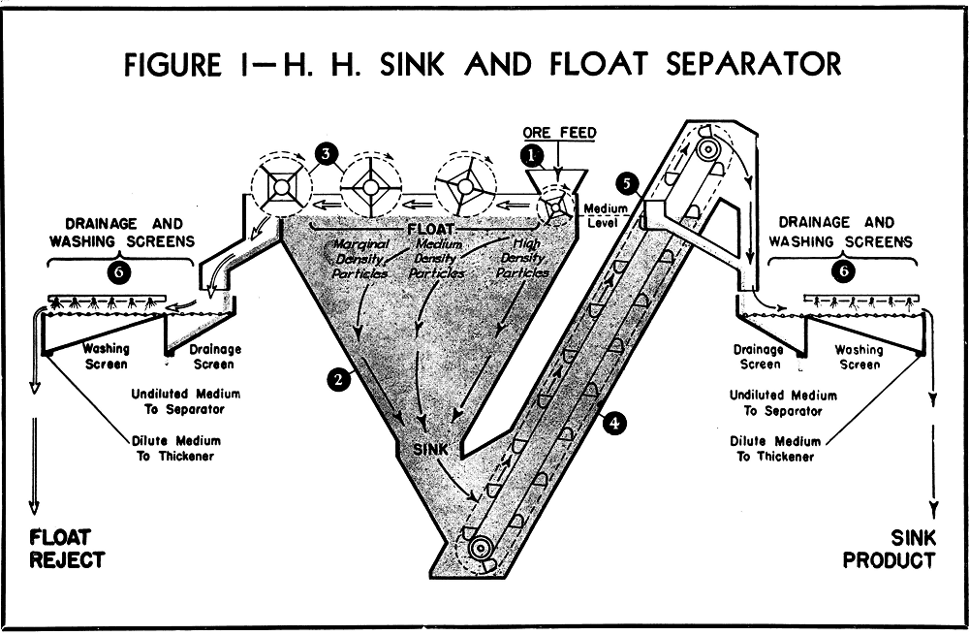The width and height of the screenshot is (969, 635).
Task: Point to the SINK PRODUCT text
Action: click(889, 548)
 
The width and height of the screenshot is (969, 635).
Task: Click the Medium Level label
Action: click(607, 215)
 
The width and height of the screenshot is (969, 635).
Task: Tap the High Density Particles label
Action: click(522, 259)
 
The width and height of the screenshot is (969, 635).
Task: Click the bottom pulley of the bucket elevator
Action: click(479, 550)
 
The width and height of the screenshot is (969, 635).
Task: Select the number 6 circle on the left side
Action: click(117, 272)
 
